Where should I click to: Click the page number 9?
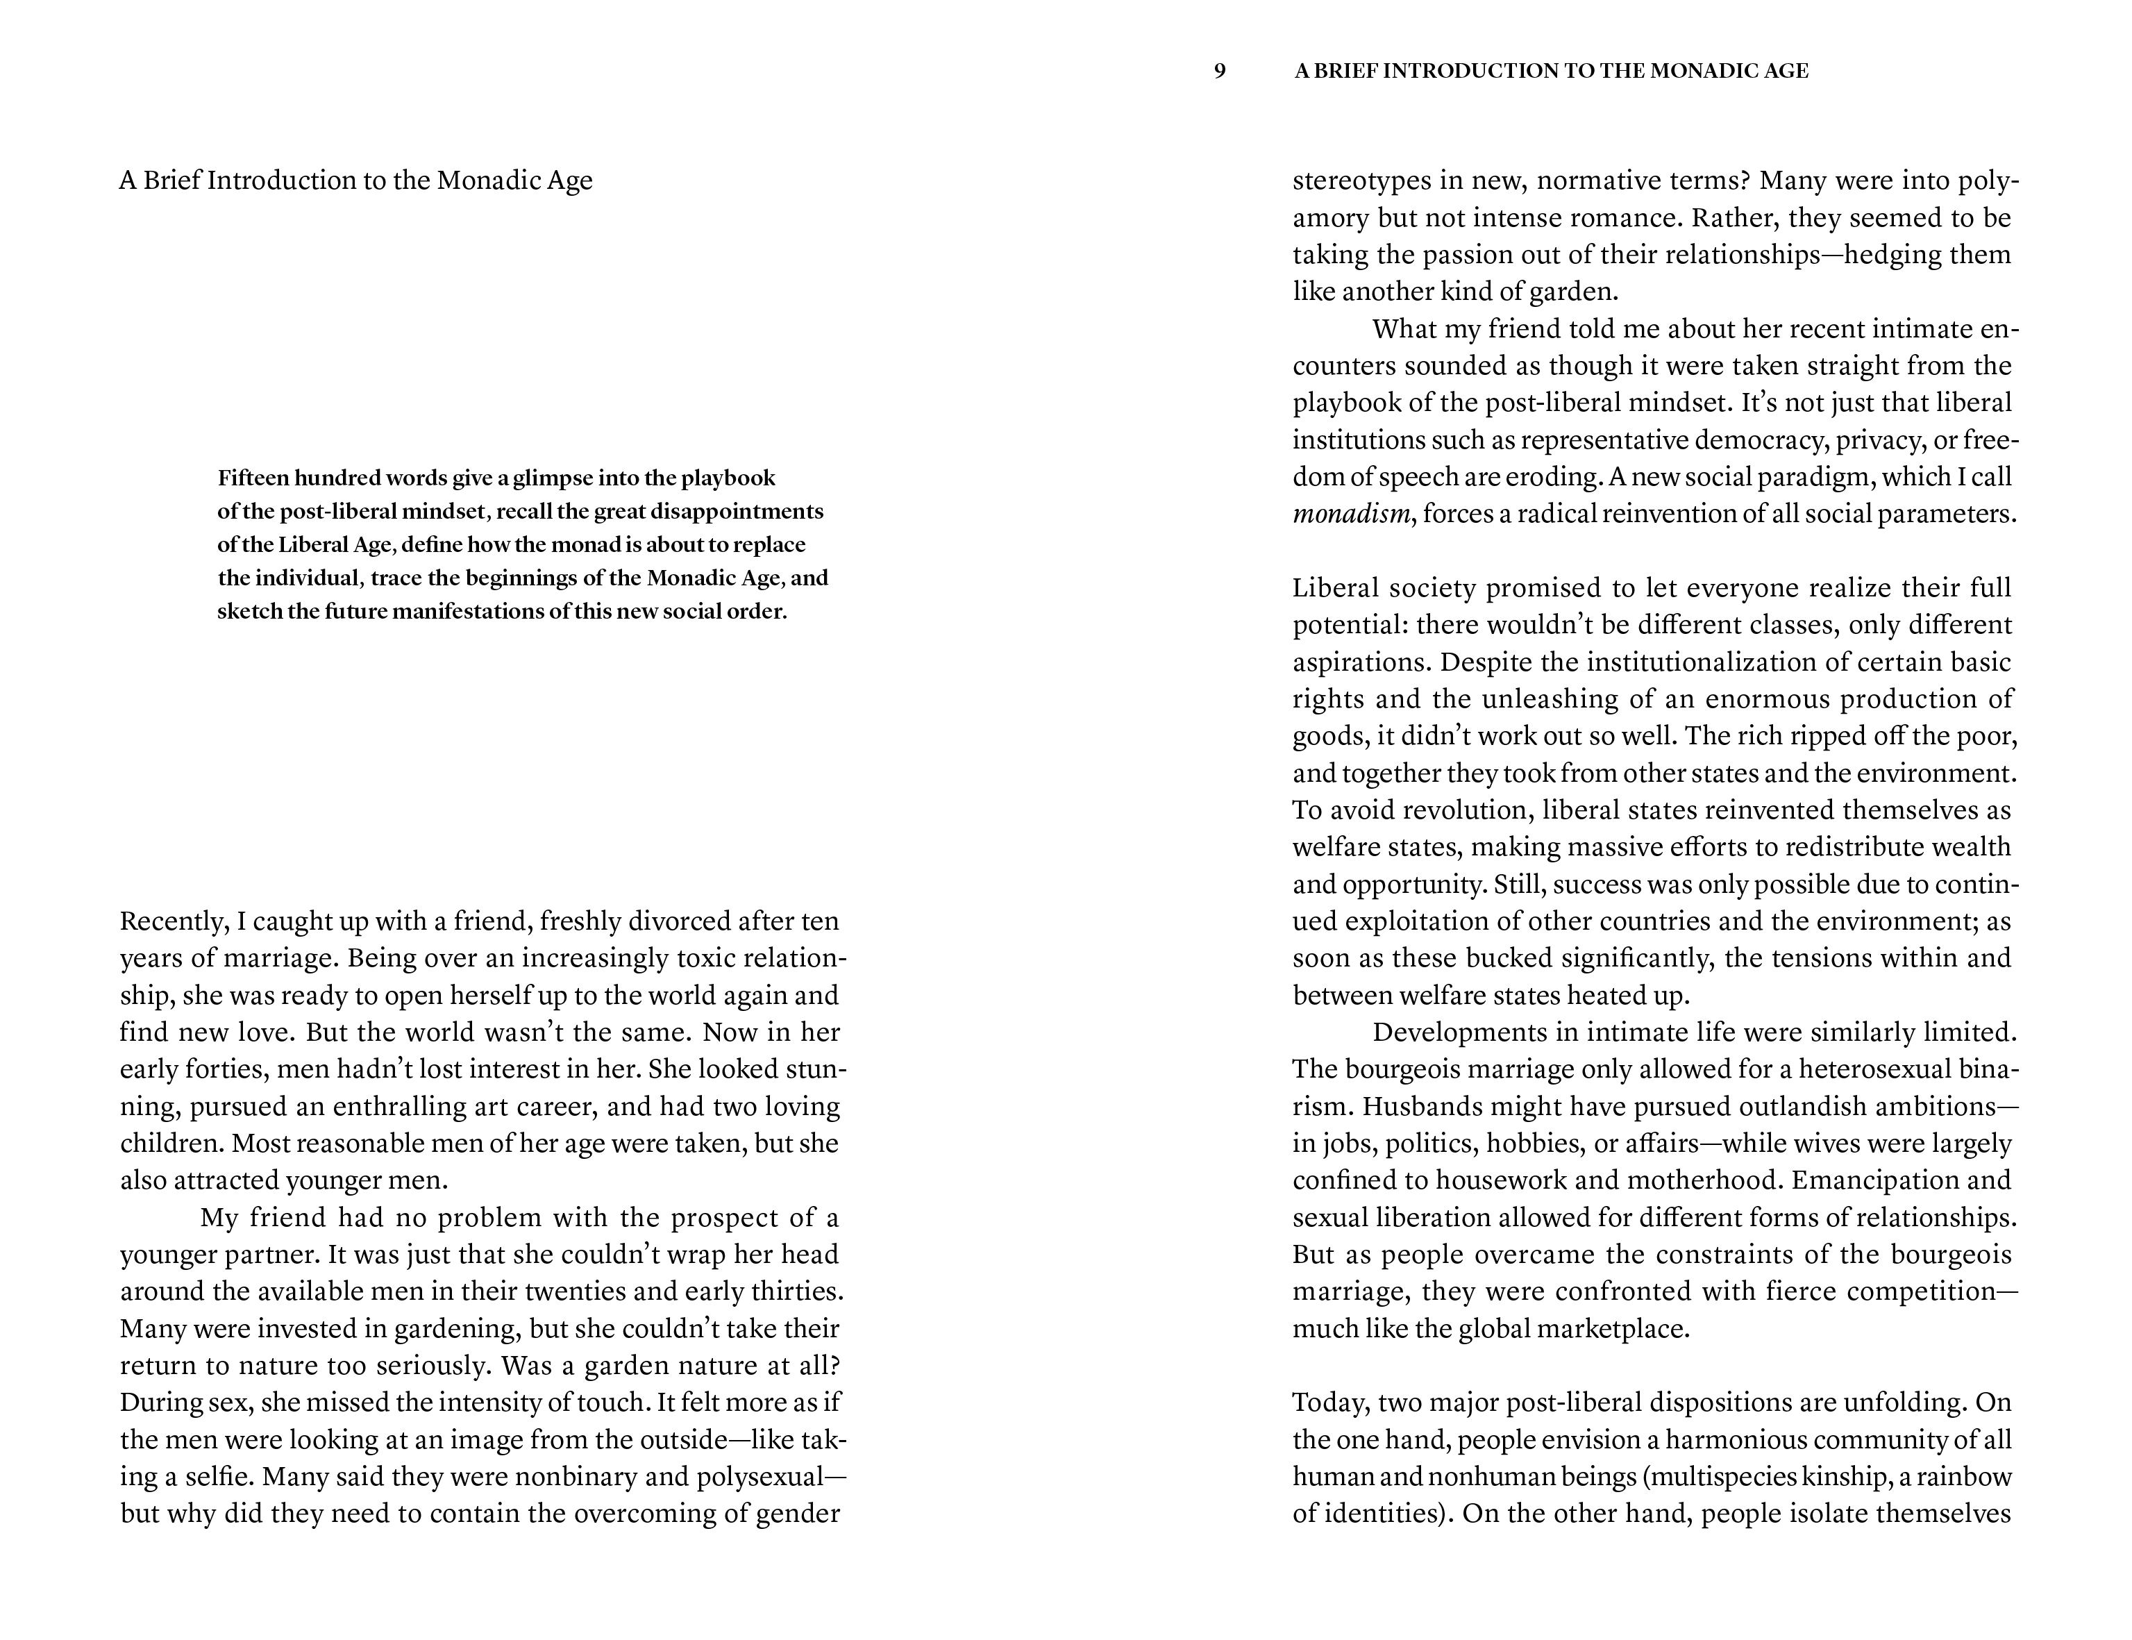1219,72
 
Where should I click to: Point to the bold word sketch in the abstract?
246,613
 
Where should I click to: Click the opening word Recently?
173,921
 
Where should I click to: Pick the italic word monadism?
1351,514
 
